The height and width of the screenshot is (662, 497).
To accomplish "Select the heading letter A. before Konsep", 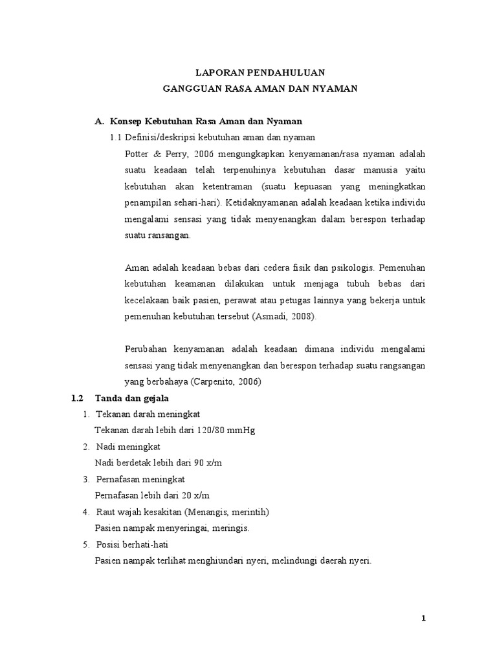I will point(100,121).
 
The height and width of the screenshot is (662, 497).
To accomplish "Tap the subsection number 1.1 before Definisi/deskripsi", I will point(116,137).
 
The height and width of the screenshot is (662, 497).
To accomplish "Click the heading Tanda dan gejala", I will point(131,398).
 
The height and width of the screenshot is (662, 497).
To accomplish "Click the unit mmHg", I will point(241,430).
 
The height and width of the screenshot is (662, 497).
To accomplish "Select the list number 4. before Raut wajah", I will point(85,511).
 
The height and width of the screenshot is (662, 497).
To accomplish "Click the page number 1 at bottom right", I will point(423,619).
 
